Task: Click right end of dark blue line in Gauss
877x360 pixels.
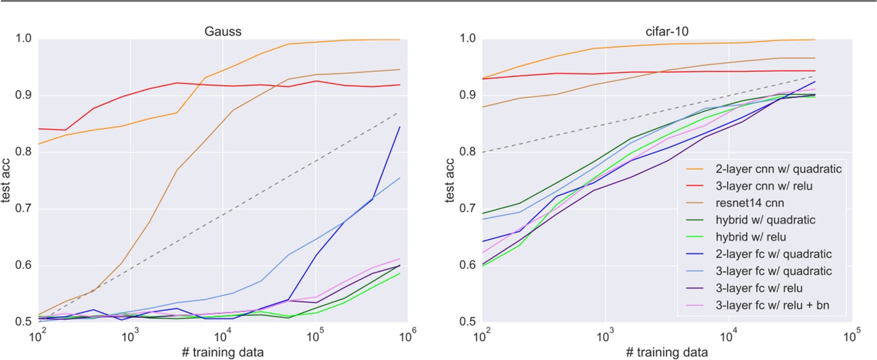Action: pos(400,127)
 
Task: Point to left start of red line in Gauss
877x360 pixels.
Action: pos(39,129)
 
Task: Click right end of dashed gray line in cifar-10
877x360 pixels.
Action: pos(833,76)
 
